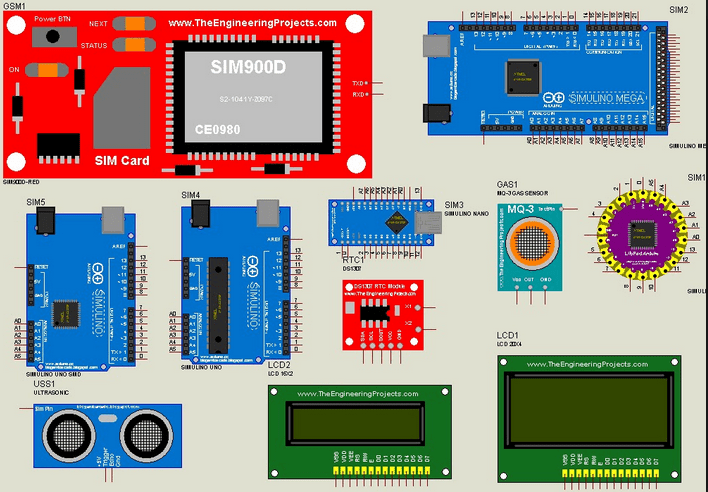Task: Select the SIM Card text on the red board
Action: pyautogui.click(x=122, y=160)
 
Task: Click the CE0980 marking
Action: pyautogui.click(x=218, y=131)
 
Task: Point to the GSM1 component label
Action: pyautogui.click(x=16, y=5)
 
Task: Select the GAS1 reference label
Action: pyautogui.click(x=508, y=186)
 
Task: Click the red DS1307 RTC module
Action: pyautogui.click(x=380, y=314)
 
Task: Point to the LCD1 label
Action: pyautogui.click(x=507, y=336)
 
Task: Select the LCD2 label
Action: pyautogui.click(x=279, y=365)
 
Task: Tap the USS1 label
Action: pyautogui.click(x=44, y=383)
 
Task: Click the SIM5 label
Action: pyautogui.click(x=36, y=202)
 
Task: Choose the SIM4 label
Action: pyautogui.click(x=190, y=195)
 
